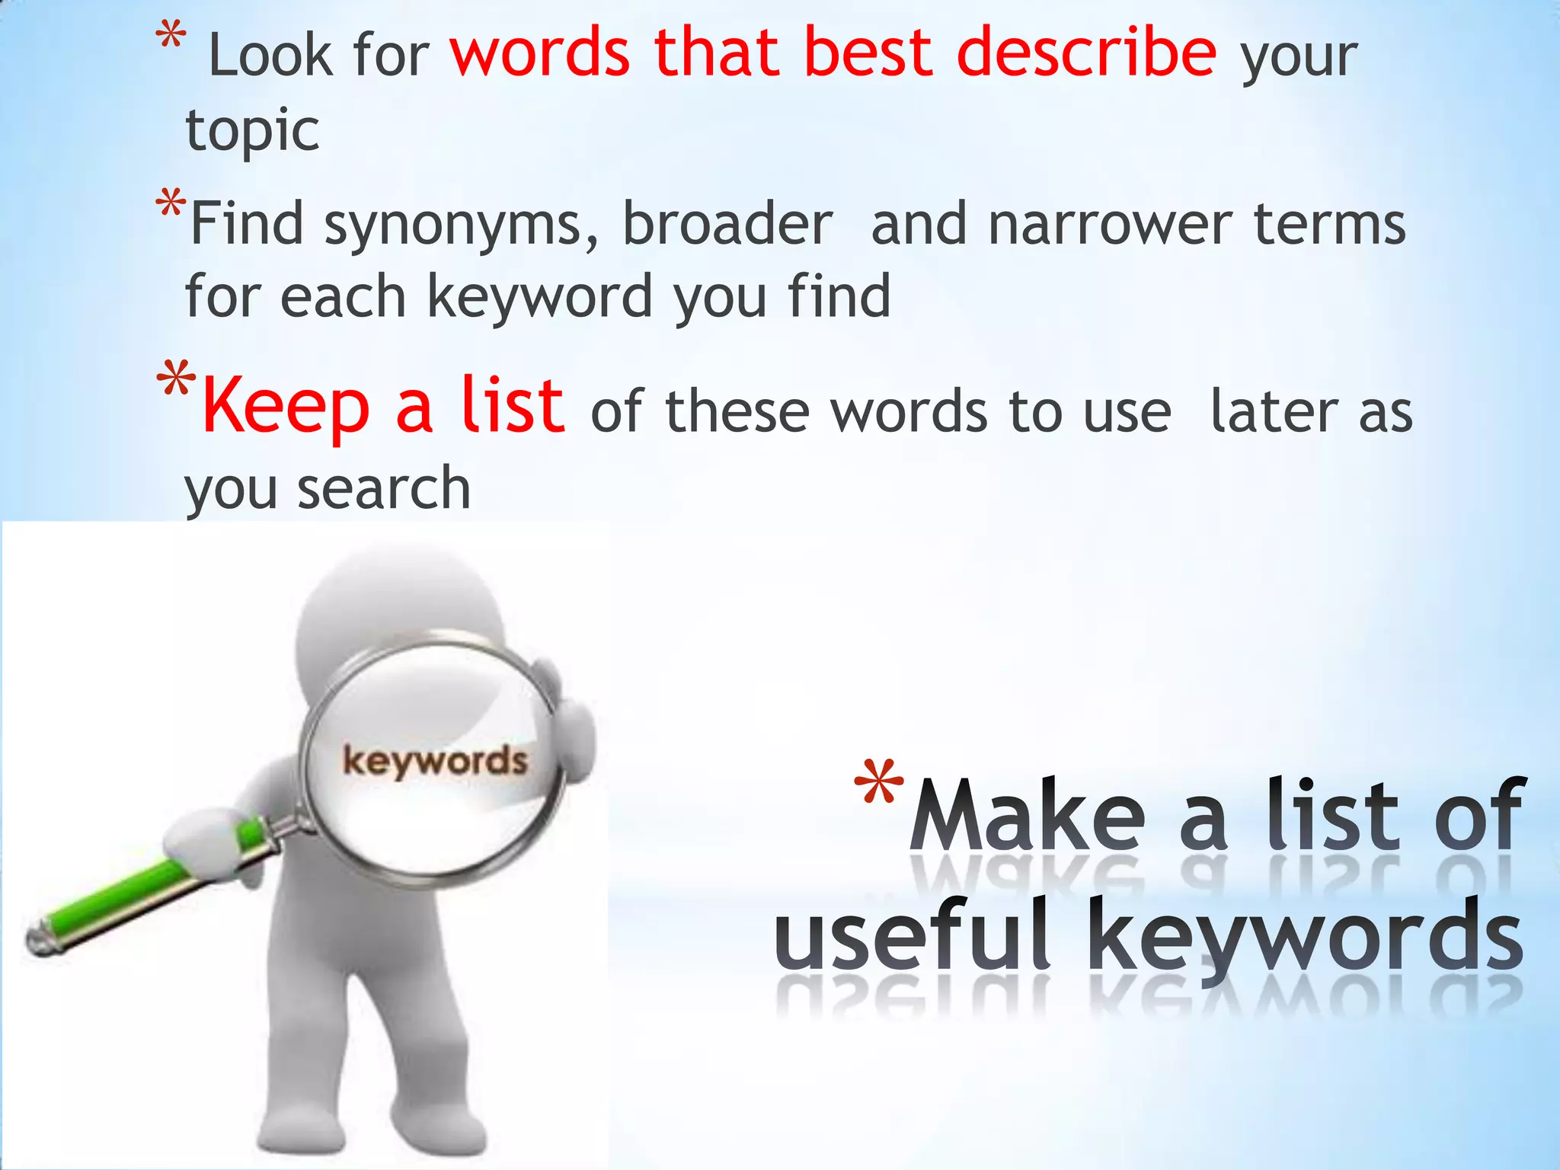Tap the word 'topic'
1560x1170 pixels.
[x=252, y=130]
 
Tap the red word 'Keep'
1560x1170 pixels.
[x=286, y=407]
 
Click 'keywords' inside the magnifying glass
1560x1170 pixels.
[x=434, y=761]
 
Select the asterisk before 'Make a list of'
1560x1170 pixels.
[x=878, y=785]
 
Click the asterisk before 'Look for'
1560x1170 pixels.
[x=170, y=38]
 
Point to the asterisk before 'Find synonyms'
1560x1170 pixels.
[x=170, y=204]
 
